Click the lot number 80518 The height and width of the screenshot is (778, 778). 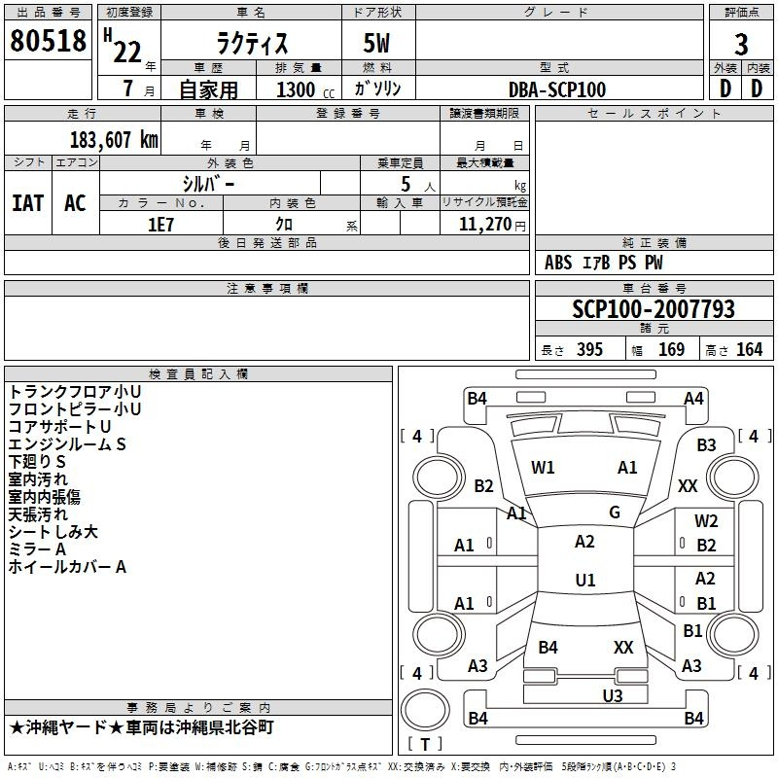pos(48,40)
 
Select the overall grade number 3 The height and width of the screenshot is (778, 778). pos(741,45)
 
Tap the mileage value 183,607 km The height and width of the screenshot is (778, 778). pos(114,140)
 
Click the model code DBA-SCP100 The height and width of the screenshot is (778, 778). pos(557,89)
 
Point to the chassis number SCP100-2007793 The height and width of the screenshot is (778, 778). pos(654,308)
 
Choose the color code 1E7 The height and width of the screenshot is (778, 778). pos(160,225)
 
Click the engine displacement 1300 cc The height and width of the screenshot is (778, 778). pos(305,89)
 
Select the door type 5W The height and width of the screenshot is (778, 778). pos(376,43)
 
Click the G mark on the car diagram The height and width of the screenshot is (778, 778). pos(615,513)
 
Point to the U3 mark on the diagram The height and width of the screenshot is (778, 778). pos(613,695)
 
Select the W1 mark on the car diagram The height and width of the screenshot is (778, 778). pos(543,468)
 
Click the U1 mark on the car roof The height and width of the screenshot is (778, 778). pos(585,580)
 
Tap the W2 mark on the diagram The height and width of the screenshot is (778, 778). pos(706,521)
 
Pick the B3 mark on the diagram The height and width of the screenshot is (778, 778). pos(706,445)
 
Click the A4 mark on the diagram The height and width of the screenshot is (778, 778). pos(693,399)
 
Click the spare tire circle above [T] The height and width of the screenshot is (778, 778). pos(425,710)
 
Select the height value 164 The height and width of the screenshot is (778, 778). pos(749,350)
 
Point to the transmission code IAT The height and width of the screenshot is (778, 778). pos(27,203)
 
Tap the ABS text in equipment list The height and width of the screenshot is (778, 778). pos(558,263)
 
